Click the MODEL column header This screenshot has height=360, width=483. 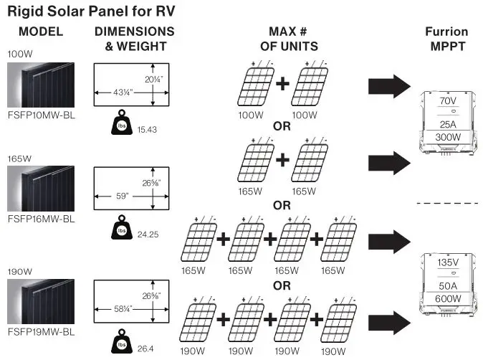[x=40, y=32]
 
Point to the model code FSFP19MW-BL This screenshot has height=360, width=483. [x=41, y=332]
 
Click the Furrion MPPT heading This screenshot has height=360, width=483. [x=446, y=38]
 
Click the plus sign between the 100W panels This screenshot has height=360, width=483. [x=282, y=84]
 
